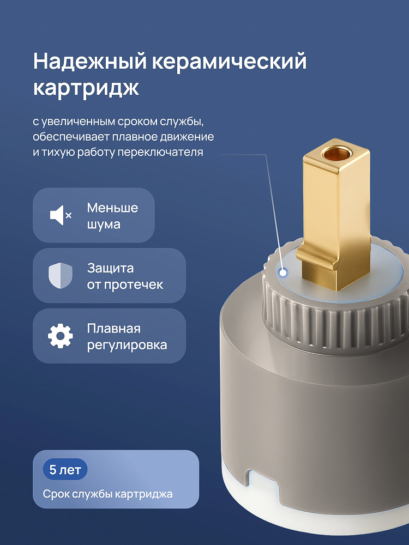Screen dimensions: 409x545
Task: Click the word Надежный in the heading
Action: tap(90, 62)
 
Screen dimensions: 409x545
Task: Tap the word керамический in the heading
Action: tap(230, 62)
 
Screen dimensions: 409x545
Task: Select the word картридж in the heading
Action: tap(86, 88)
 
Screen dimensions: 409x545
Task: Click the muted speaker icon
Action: tap(61, 215)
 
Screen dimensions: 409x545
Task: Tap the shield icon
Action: tap(61, 276)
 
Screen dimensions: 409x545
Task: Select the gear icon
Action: tap(61, 336)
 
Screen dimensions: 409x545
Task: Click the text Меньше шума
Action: tap(112, 216)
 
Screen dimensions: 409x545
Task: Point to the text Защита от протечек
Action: tap(125, 276)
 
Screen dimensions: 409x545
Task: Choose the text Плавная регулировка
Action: tap(127, 336)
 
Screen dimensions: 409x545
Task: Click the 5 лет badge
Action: tap(65, 470)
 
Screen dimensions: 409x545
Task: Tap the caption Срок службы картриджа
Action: tap(108, 494)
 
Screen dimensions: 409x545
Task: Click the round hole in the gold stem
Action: tap(335, 153)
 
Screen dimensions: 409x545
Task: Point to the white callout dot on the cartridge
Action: tap(284, 273)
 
